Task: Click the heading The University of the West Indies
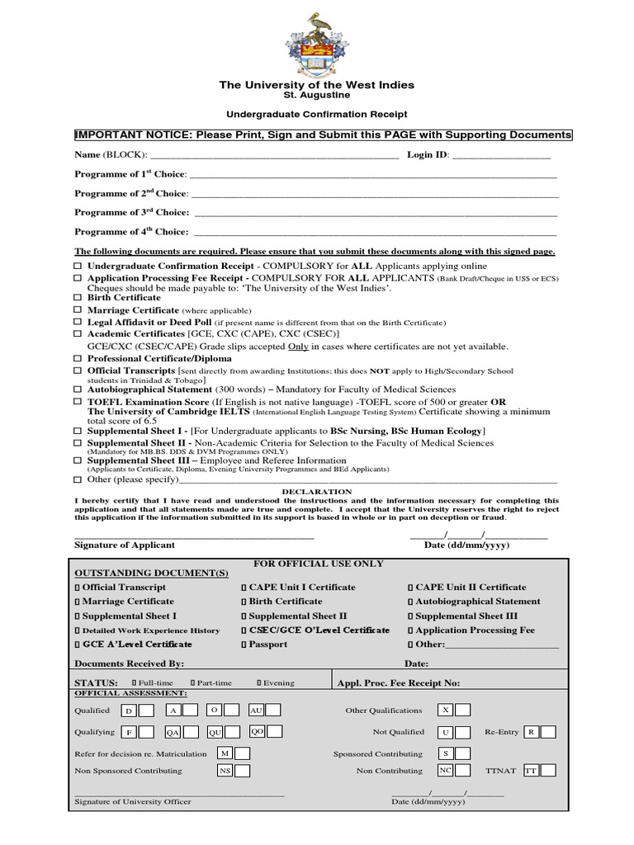316,85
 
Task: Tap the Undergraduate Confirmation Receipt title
316,114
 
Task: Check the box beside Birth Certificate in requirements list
78,297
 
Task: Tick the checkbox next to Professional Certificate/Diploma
78,359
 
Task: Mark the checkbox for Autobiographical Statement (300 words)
78,389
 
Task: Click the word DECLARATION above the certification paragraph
317,491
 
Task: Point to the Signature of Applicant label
125,545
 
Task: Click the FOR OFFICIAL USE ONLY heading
318,564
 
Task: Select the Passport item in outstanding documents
244,644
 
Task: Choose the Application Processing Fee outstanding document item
410,630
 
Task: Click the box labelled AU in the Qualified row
256,710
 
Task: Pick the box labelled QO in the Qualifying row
257,731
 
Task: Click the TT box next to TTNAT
531,770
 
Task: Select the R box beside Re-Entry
532,732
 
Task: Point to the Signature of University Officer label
133,802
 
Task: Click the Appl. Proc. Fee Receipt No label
399,683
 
